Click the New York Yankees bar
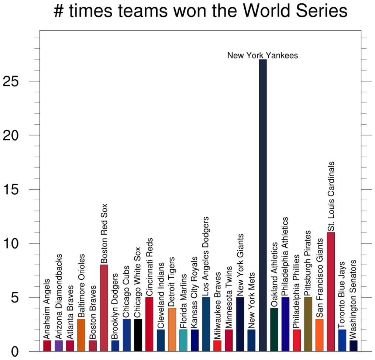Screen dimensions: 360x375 click(263, 205)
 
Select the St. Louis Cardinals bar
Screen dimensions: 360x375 click(331, 291)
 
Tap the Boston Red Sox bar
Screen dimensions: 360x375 click(104, 308)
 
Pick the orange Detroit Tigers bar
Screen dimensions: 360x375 click(172, 329)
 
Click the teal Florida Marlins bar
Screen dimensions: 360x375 click(183, 340)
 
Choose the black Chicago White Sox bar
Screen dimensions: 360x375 click(138, 335)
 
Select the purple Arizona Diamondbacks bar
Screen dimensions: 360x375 click(59, 346)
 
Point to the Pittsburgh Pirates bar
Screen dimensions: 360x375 click(308, 324)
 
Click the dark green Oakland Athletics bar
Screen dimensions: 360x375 click(274, 329)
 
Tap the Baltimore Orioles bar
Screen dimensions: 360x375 click(81, 335)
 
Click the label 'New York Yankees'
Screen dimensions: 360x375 click(262, 56)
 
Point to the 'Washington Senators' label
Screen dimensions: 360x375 click(354, 300)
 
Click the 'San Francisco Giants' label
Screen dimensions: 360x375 click(320, 278)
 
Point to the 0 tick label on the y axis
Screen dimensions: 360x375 click(14, 352)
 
